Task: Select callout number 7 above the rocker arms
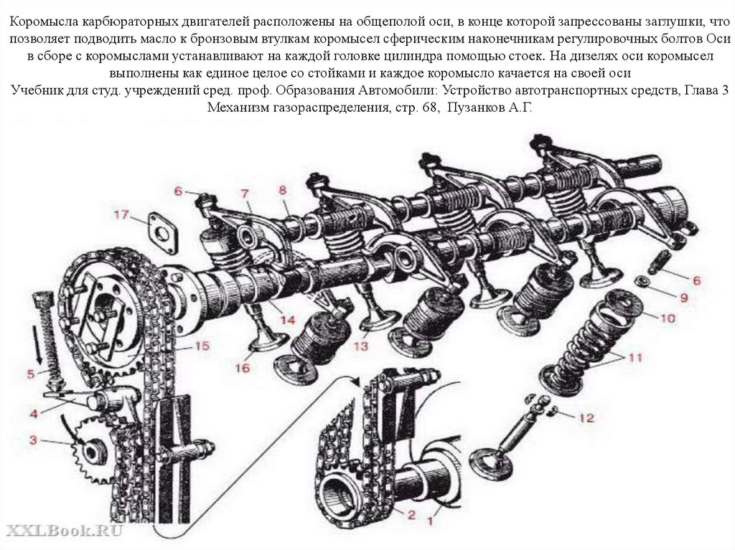tap(244, 193)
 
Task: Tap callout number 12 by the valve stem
tap(586, 417)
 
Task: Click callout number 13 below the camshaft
tap(360, 346)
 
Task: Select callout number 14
tap(288, 319)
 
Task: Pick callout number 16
tap(241, 368)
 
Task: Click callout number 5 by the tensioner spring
tap(30, 373)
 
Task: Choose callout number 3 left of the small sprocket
tap(32, 439)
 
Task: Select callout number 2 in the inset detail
tap(411, 514)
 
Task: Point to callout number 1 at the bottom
tap(431, 513)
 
